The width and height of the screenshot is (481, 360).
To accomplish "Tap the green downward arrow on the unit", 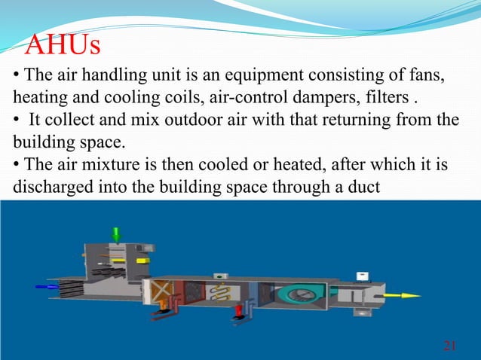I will click(x=116, y=233).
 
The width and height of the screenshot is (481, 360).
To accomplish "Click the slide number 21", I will click(x=450, y=346).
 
